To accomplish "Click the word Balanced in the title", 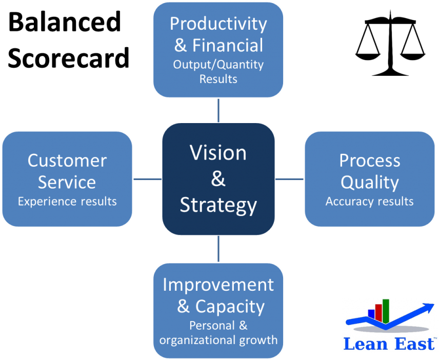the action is tap(65, 22).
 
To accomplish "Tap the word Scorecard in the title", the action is tap(69, 57).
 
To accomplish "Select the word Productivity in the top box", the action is tap(218, 25).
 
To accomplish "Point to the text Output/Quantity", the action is tap(218, 65).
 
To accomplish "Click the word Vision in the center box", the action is tap(218, 153).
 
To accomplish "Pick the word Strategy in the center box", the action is tap(218, 206).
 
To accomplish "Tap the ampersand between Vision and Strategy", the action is tap(218, 178).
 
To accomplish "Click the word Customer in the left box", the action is tap(67, 161).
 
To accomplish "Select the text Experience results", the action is tap(67, 202).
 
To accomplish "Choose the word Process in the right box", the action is tap(370, 161).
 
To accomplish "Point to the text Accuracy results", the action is tap(370, 202).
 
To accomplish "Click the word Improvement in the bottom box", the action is tap(218, 285).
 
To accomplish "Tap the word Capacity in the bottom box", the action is tap(230, 307).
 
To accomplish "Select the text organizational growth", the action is tap(218, 341).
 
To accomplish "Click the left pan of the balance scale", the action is tap(368, 56).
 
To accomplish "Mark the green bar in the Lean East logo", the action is tap(386, 311).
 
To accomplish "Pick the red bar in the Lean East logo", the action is tap(378, 313).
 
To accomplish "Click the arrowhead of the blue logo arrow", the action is tap(428, 307).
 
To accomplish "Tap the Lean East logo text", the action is tap(390, 344).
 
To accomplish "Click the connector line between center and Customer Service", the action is tap(148, 179).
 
